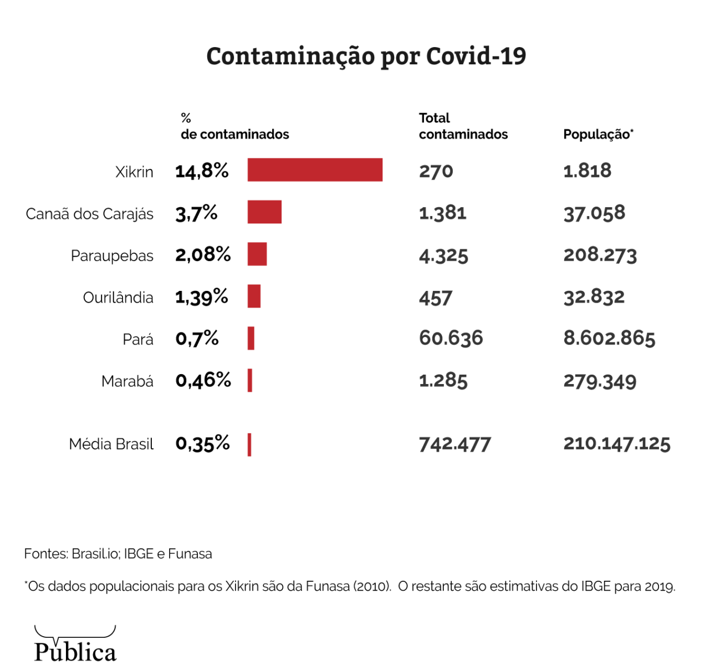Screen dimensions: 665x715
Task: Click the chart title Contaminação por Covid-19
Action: click(x=366, y=57)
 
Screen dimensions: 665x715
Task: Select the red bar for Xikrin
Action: click(x=315, y=170)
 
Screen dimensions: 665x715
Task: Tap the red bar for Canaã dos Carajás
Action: click(x=264, y=212)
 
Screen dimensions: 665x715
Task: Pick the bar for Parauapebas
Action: click(x=257, y=254)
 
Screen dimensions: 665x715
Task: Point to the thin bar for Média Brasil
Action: click(x=249, y=444)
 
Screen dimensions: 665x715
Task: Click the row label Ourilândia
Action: click(x=118, y=298)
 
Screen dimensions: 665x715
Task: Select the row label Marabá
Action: click(x=127, y=381)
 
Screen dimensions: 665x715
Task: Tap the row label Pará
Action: click(x=138, y=339)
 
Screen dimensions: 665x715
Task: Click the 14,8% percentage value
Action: click(x=202, y=171)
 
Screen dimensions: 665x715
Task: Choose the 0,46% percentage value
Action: click(x=203, y=380)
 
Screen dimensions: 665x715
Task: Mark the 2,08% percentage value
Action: click(x=203, y=254)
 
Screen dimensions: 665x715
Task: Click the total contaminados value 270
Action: click(x=436, y=171)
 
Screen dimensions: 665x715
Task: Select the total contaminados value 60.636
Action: click(x=451, y=338)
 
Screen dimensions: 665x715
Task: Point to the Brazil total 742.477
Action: click(x=455, y=444)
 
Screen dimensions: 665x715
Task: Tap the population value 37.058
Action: click(x=594, y=213)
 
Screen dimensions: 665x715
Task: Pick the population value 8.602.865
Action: click(x=609, y=338)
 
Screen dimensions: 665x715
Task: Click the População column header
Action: click(x=598, y=134)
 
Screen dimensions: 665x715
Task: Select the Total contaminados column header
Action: click(x=463, y=126)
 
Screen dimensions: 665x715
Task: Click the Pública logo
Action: click(x=75, y=645)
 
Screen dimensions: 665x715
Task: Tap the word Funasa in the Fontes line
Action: click(x=190, y=554)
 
